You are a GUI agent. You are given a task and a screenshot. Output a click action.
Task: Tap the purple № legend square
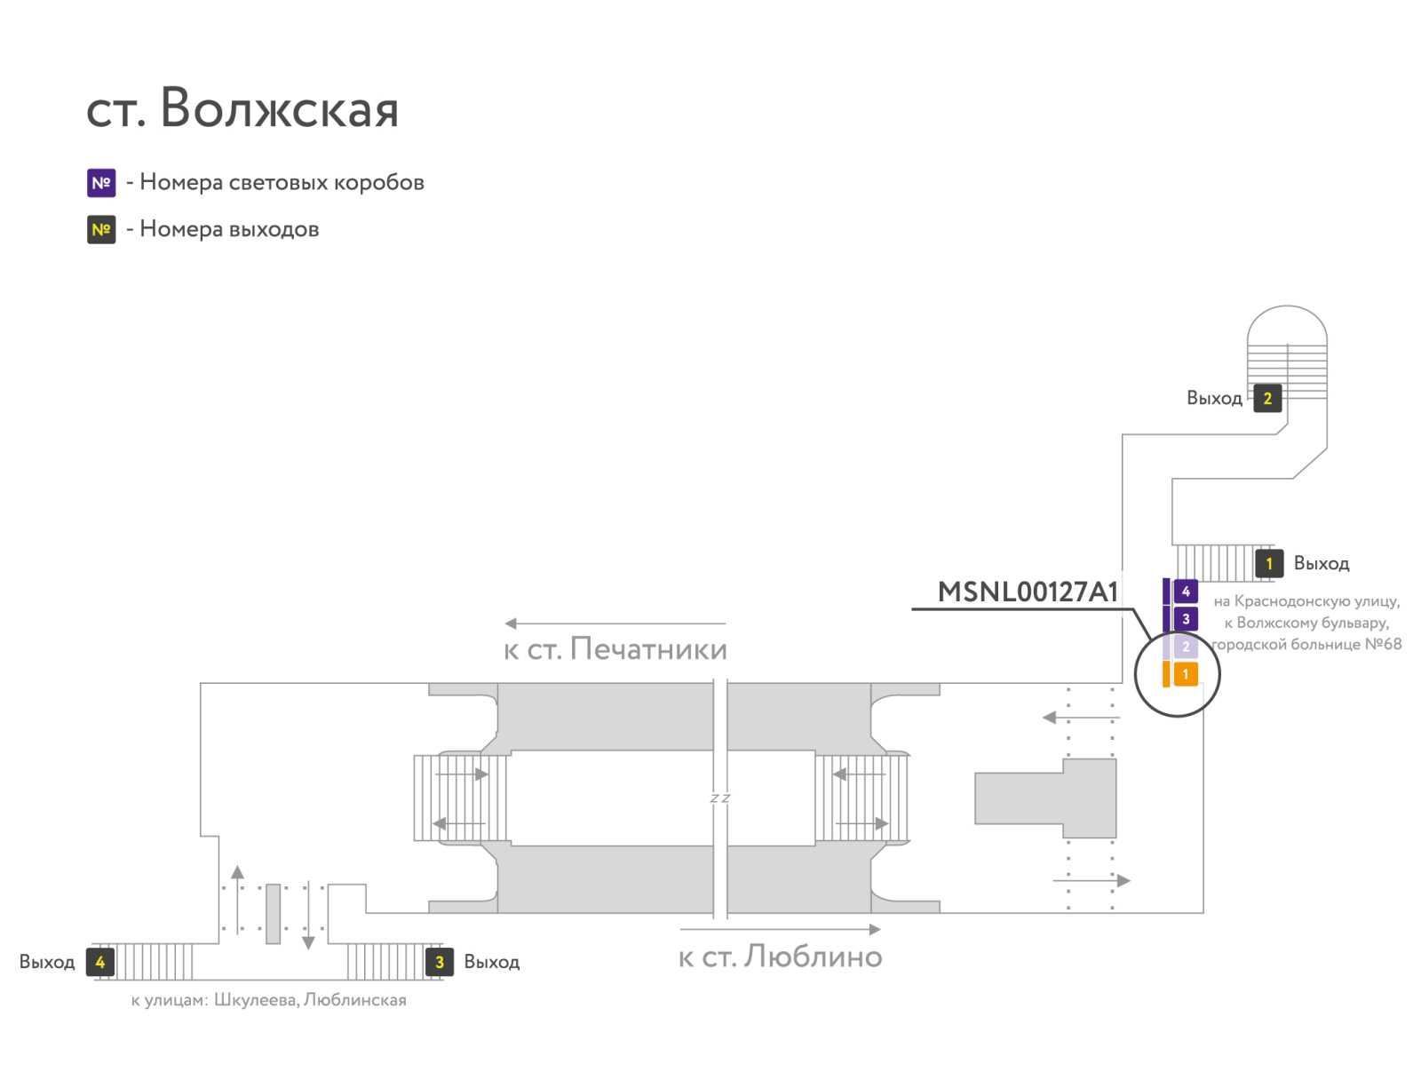pos(101,182)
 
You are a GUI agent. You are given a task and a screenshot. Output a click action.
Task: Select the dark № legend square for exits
pos(101,229)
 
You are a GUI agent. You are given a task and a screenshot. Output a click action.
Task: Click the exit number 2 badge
pos(1267,398)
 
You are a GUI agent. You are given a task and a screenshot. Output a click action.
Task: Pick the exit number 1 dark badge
pos(1268,563)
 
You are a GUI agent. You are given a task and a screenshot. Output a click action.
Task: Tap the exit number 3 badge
pos(439,962)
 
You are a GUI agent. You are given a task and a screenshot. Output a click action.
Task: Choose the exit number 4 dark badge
pos(100,962)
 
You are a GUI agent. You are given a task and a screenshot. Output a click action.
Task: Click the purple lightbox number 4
pos(1185,591)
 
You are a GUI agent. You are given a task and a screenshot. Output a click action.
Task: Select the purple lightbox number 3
pos(1185,619)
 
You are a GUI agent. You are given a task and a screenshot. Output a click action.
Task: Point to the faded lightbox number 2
pos(1185,646)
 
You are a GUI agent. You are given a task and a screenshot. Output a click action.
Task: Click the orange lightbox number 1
pos(1185,673)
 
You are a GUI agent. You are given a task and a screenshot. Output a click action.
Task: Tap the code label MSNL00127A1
pos(1028,592)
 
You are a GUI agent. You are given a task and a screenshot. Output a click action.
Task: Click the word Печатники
pos(648,648)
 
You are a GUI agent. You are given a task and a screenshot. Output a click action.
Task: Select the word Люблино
pos(813,956)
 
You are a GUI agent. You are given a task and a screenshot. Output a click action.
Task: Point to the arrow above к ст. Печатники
pos(615,623)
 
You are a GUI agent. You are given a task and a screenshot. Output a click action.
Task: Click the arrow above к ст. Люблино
pos(780,929)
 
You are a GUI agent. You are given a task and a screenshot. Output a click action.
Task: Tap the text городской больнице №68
pos(1306,645)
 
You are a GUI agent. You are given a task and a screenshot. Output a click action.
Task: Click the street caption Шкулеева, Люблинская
pos(310,1000)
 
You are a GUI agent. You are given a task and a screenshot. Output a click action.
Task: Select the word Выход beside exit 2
pos(1214,398)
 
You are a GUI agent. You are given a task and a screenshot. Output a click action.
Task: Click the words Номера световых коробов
pos(282,182)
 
